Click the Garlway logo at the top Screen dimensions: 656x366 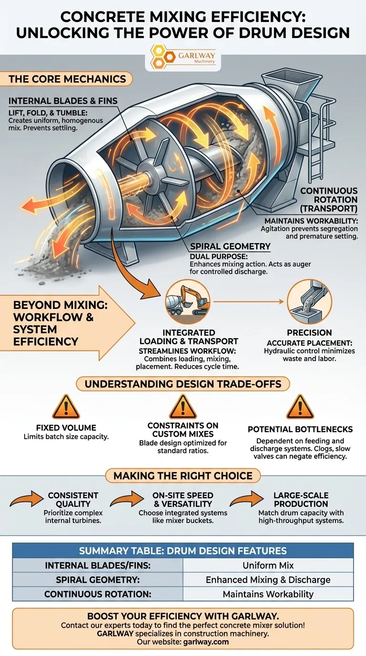[x=183, y=56]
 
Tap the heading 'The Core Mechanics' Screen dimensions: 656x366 [x=67, y=79]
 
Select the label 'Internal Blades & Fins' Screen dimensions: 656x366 [x=63, y=101]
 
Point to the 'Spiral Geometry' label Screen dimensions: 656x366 [x=230, y=246]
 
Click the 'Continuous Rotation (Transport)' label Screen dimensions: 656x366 [x=329, y=200]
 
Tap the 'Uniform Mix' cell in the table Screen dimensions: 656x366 [x=268, y=565]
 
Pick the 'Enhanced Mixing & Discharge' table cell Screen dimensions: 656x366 [x=268, y=580]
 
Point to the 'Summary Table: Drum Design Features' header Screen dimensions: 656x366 [x=183, y=551]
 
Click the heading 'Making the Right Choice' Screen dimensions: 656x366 [x=183, y=475]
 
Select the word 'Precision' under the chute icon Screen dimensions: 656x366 [x=309, y=333]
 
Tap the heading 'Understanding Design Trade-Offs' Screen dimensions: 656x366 [x=183, y=384]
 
